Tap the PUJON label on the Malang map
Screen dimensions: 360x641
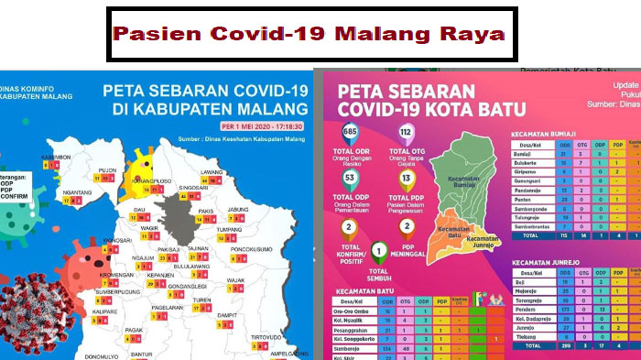[x=108, y=169]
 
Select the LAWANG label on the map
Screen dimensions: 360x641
[x=212, y=171]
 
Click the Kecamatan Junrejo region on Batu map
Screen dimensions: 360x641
[x=483, y=240]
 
